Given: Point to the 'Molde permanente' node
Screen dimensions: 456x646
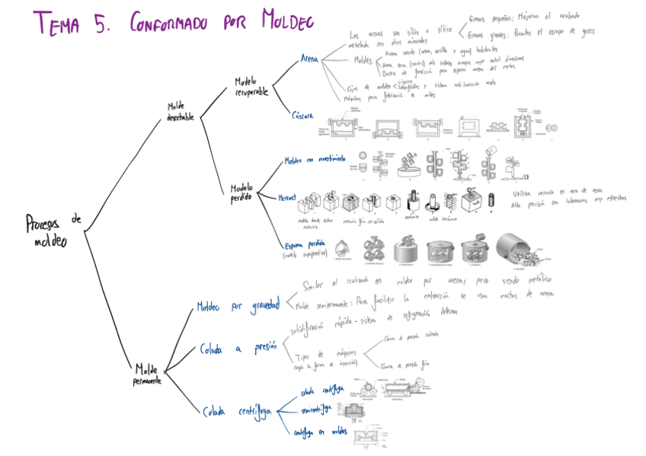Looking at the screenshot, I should click(x=148, y=374).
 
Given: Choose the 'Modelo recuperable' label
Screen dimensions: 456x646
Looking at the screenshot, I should click(x=252, y=87).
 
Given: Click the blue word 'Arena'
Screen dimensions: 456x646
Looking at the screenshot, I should click(x=309, y=58).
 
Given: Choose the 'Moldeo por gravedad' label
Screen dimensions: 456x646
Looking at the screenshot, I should click(x=238, y=306).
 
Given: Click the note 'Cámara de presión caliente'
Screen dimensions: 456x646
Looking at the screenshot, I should click(x=412, y=336).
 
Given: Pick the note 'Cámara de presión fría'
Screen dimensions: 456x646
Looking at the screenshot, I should click(x=410, y=366).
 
